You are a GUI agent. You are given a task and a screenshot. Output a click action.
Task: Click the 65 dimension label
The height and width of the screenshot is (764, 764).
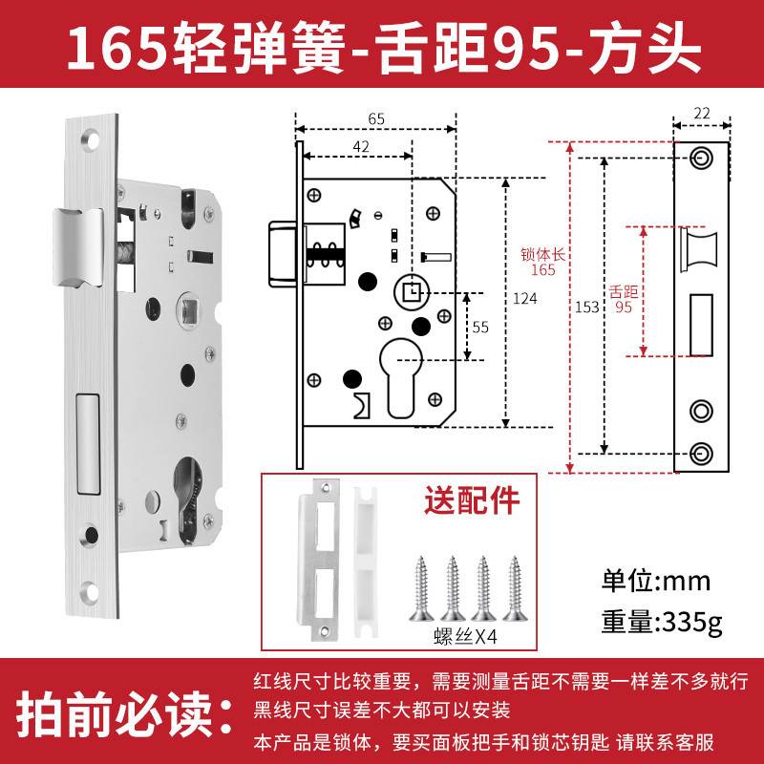[x=376, y=118]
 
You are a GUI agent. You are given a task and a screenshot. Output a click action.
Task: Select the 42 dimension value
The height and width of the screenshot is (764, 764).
[x=361, y=147]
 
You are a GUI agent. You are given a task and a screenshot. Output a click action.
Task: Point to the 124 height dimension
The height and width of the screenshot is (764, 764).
[x=524, y=298]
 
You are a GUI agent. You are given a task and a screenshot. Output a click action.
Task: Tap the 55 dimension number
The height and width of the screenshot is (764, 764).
[x=480, y=327]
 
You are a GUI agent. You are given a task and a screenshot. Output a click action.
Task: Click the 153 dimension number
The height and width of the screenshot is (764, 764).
[x=586, y=307]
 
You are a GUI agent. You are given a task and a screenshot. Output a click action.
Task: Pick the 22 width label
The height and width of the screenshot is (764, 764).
[x=702, y=113]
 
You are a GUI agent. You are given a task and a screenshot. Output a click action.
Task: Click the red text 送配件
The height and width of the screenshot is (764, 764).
[x=472, y=500]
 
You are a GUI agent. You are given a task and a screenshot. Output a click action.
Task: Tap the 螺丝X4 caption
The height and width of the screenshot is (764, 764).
[x=465, y=636]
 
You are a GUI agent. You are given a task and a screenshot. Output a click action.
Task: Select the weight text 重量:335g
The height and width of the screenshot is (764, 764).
[x=662, y=623]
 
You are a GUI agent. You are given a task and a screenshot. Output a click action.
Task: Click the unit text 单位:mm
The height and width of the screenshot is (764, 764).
[x=656, y=582]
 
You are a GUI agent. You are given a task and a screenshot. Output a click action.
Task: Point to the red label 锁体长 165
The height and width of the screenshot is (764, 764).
[x=542, y=262]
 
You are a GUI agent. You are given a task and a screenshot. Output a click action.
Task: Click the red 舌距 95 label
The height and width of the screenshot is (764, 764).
[x=624, y=299]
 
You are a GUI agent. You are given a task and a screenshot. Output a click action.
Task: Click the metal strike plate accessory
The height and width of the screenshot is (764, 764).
[x=320, y=559]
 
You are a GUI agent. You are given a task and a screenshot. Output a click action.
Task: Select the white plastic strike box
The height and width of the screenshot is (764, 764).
[x=366, y=562]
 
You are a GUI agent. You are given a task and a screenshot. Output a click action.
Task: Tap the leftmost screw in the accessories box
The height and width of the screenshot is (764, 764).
[x=421, y=589]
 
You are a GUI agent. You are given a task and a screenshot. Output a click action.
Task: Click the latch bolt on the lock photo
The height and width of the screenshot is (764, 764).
[x=78, y=247]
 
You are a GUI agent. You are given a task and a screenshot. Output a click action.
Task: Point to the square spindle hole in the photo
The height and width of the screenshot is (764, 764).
[x=188, y=308]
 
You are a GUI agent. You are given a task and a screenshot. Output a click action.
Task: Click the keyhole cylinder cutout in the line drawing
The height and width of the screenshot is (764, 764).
[x=400, y=378]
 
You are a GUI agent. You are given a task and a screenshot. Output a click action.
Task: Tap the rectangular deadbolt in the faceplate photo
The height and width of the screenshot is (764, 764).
[x=88, y=444]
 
